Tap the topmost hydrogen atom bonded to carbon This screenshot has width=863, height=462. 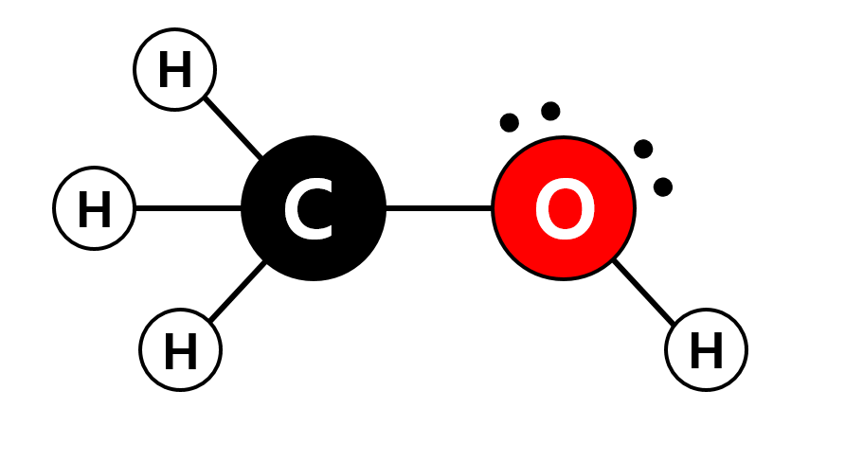[x=175, y=69]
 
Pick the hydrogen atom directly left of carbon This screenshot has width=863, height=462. [x=95, y=208]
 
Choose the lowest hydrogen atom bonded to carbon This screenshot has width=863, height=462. [x=181, y=349]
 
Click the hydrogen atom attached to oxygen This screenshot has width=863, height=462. [x=706, y=349]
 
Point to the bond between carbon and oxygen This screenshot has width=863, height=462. [x=439, y=208]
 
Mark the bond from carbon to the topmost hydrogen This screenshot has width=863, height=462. [x=233, y=127]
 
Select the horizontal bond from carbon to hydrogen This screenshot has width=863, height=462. [x=188, y=208]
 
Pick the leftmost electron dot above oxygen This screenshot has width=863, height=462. [x=510, y=122]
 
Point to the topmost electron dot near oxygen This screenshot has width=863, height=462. [x=550, y=111]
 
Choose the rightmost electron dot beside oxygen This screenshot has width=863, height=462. [x=663, y=187]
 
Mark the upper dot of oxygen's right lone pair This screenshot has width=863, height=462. [x=643, y=149]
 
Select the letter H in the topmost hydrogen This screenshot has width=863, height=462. [x=175, y=71]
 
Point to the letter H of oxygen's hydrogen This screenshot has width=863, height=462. [x=706, y=352]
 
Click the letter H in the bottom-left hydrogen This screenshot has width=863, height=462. [x=181, y=352]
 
